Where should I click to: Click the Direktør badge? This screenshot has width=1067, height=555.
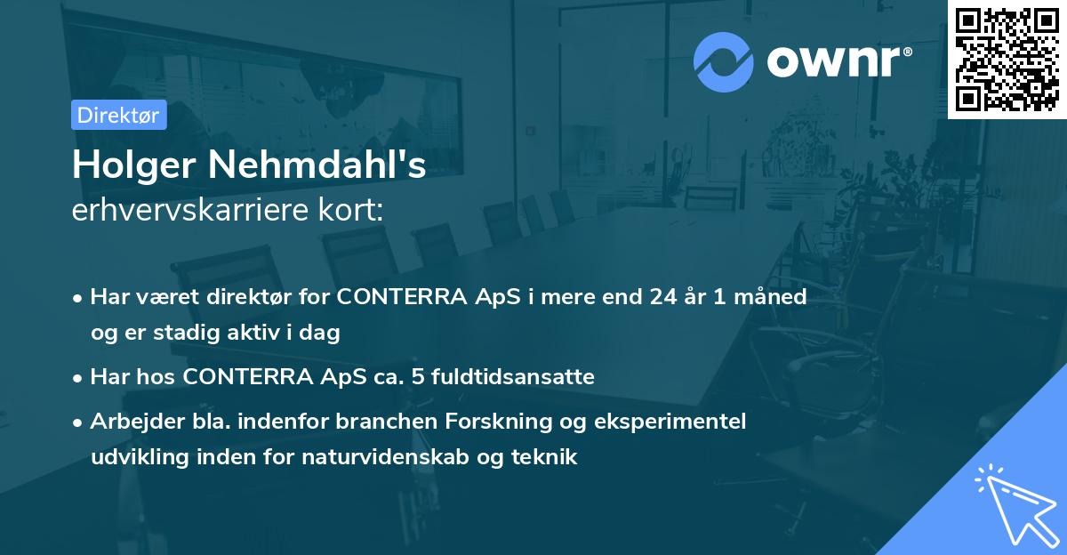click(118, 115)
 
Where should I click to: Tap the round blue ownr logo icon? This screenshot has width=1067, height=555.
click(724, 62)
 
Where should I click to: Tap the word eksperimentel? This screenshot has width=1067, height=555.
click(672, 421)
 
